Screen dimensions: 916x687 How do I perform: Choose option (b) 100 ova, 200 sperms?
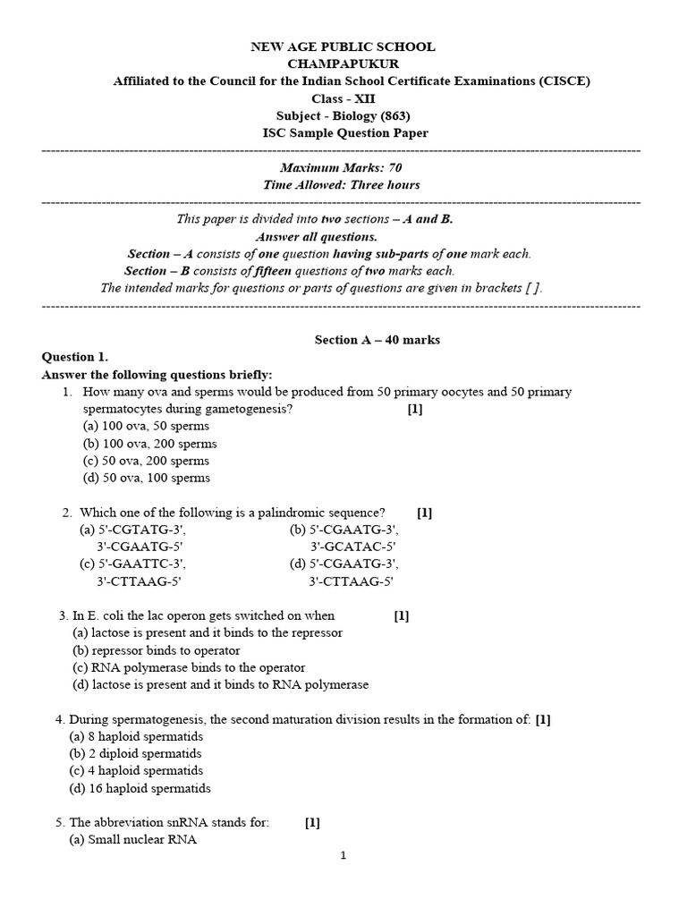(149, 444)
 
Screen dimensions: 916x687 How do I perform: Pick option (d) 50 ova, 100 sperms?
(147, 478)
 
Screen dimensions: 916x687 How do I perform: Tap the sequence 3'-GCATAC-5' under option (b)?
(352, 547)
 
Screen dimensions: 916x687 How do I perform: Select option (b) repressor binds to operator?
(157, 650)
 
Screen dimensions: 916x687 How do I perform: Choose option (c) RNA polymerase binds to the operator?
(189, 667)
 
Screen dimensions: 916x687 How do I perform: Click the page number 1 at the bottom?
(343, 856)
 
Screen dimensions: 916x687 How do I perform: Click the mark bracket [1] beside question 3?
(402, 615)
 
